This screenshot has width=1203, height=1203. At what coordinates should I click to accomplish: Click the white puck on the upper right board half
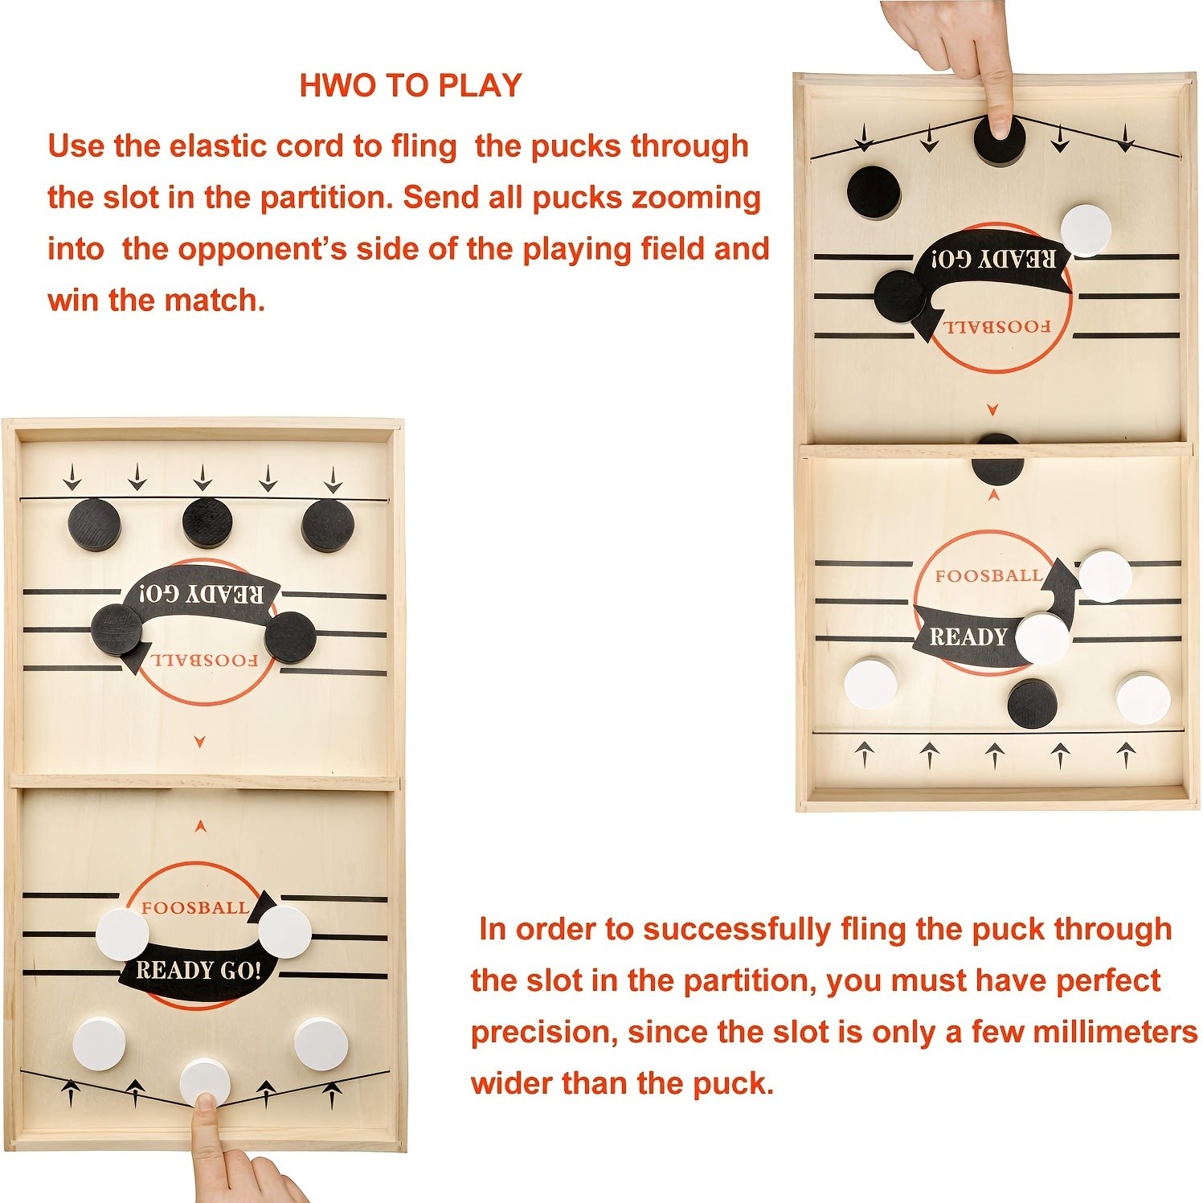click(1086, 231)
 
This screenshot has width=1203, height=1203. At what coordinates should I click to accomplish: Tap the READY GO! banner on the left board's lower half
click(198, 970)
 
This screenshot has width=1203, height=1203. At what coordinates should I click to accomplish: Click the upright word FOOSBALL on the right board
click(988, 576)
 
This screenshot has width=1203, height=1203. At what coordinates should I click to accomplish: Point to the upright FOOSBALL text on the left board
click(194, 908)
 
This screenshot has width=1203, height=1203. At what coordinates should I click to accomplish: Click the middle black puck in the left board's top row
click(207, 522)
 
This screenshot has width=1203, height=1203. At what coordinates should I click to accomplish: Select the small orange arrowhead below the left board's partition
click(201, 825)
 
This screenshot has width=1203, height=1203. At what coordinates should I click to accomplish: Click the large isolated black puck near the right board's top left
click(874, 192)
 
